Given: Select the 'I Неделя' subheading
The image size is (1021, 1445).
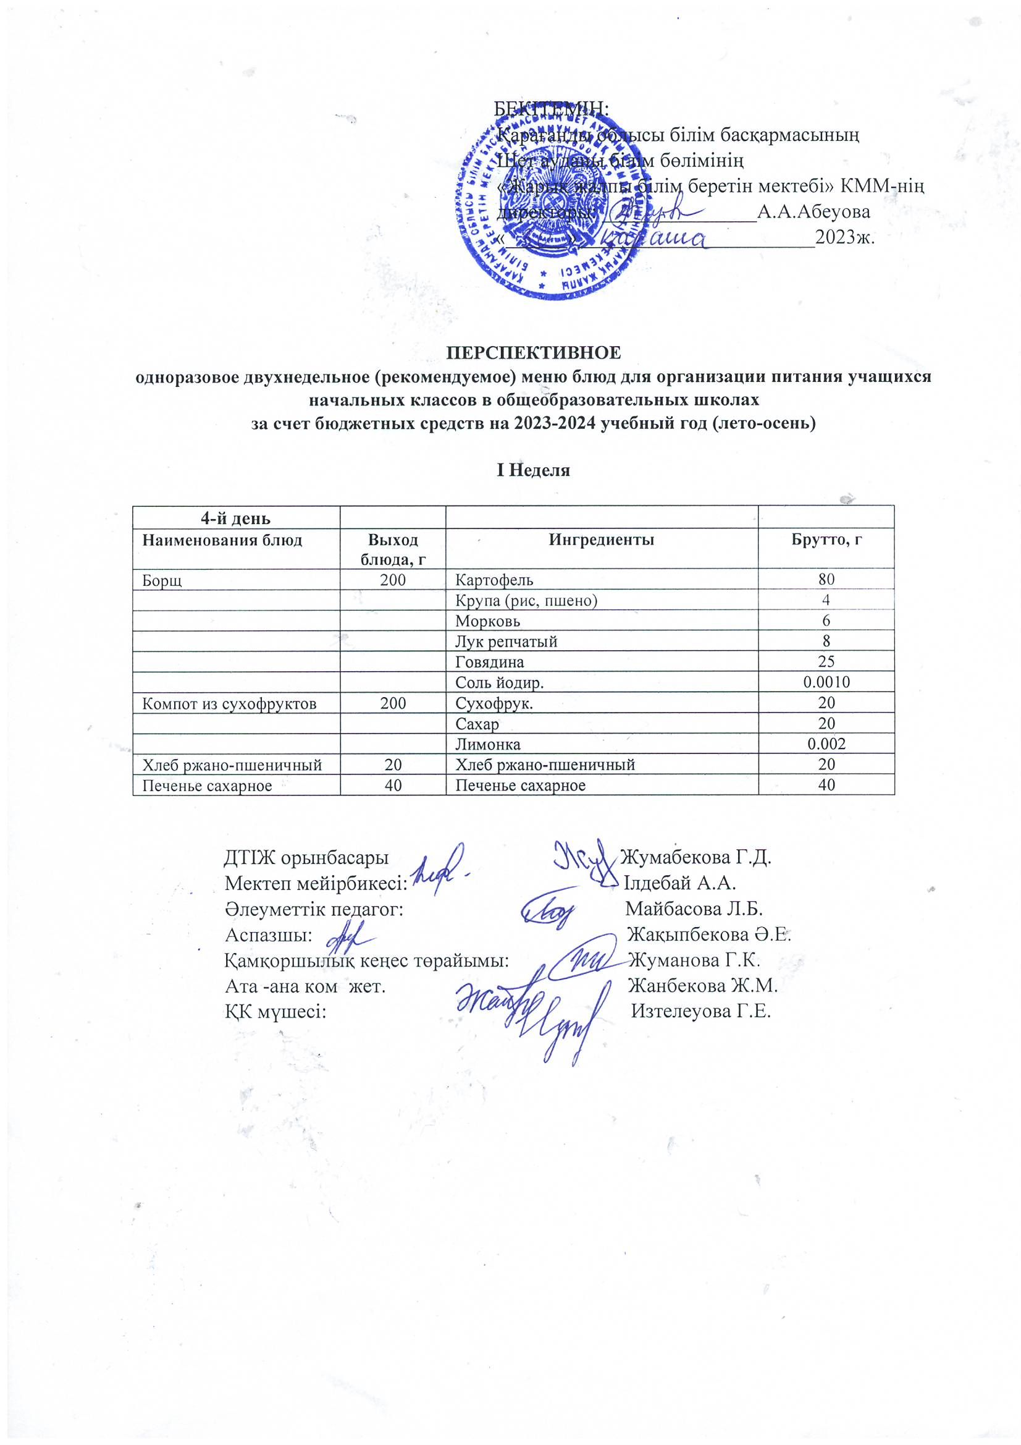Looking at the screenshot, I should coord(533,470).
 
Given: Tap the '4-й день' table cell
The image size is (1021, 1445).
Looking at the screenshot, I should coord(235,519).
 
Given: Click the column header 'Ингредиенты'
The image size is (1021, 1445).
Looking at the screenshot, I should coord(601,540).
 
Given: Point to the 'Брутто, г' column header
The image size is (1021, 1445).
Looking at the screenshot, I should coord(826,540).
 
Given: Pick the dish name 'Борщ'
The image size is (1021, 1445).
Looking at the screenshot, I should coord(162,580).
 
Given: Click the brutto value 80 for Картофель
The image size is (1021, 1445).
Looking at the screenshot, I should coord(826,580).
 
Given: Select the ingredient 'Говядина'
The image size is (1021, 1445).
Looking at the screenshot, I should coord(489,662).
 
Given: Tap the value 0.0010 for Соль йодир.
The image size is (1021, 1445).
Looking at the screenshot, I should coord(826,682).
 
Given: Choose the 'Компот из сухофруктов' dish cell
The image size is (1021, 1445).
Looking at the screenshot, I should coord(229,703).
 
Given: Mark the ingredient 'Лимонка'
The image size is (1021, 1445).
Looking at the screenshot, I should coord(487,745).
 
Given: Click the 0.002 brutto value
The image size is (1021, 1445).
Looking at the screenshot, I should coord(826,745).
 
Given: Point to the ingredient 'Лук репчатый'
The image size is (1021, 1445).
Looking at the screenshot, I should coord(506,642).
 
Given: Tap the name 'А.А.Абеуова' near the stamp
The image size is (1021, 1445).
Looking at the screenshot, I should coord(813,212).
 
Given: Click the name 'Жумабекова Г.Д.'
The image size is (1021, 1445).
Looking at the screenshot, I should coord(695,857).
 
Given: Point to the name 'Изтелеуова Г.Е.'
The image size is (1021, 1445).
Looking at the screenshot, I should coord(701,1011).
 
